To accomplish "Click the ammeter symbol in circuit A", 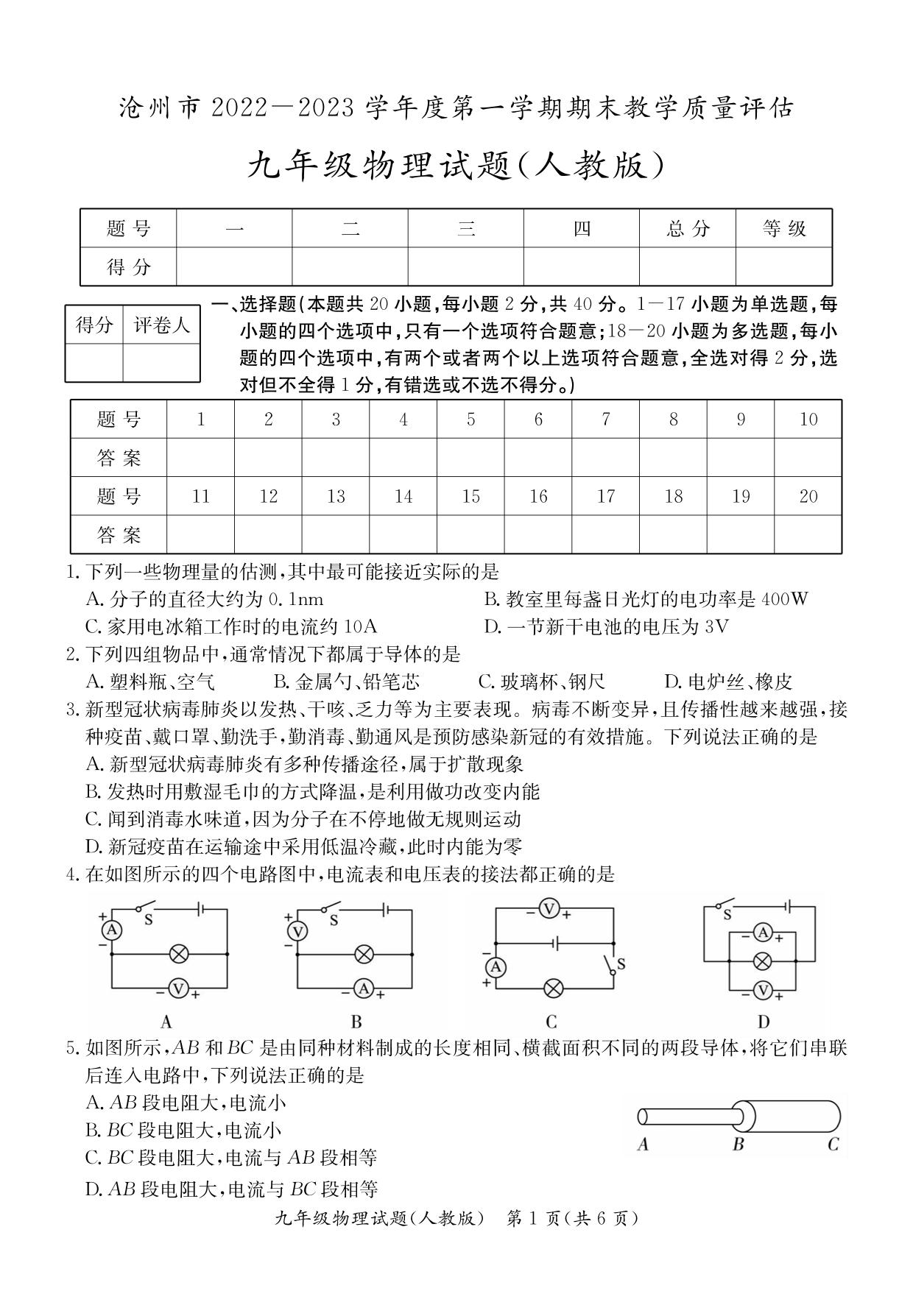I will pyautogui.click(x=112, y=930).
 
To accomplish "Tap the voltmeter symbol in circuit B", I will pyautogui.click(x=297, y=932).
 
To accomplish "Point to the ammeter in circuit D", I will pyautogui.click(x=763, y=933).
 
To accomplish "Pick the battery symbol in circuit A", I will pyautogui.click(x=200, y=910).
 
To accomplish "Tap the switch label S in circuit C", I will pyautogui.click(x=621, y=963).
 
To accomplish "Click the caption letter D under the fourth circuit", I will pyautogui.click(x=764, y=1022).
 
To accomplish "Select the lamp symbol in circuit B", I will pyautogui.click(x=363, y=955).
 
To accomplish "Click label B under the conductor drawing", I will pyautogui.click(x=738, y=1144).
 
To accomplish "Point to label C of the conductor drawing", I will pyautogui.click(x=833, y=1144).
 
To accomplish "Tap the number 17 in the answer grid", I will pyautogui.click(x=605, y=497).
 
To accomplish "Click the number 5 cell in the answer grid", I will pyautogui.click(x=470, y=420).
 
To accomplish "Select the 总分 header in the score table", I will pyautogui.click(x=688, y=229).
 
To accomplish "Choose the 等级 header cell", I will pyautogui.click(x=784, y=229).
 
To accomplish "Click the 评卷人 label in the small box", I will pyautogui.click(x=161, y=325).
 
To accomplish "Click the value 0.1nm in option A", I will pyautogui.click(x=296, y=599).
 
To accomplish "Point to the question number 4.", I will pyautogui.click(x=71, y=875).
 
